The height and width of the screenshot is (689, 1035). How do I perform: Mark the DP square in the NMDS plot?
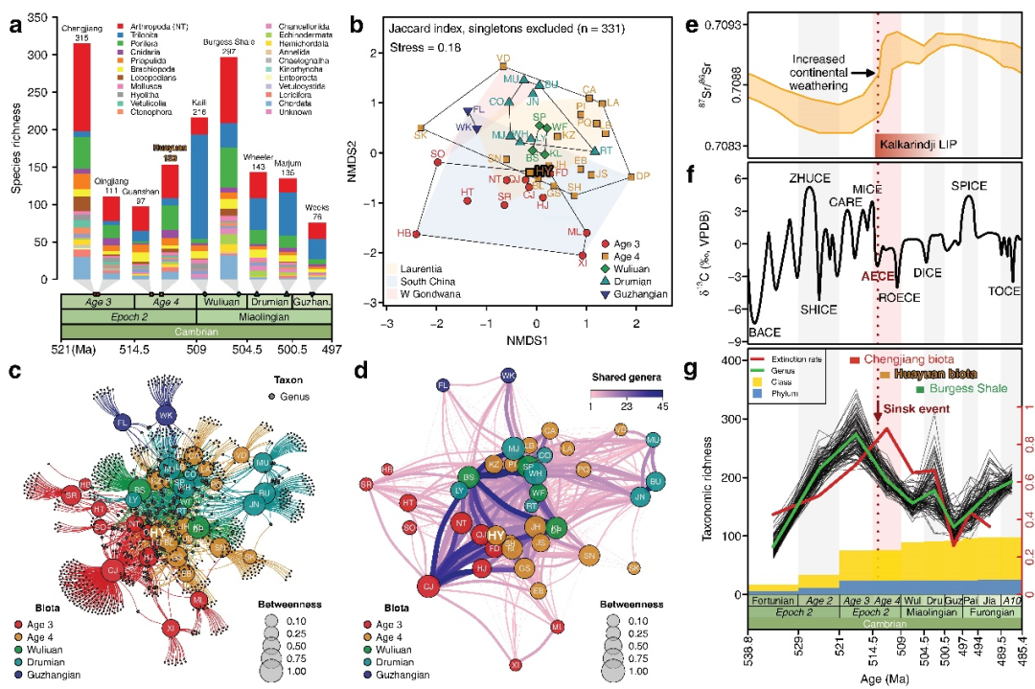point(632,177)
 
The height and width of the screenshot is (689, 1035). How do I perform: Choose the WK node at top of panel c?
point(166,415)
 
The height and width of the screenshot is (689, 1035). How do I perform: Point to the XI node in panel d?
point(516,664)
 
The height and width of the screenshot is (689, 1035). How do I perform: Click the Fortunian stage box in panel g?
point(771,601)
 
